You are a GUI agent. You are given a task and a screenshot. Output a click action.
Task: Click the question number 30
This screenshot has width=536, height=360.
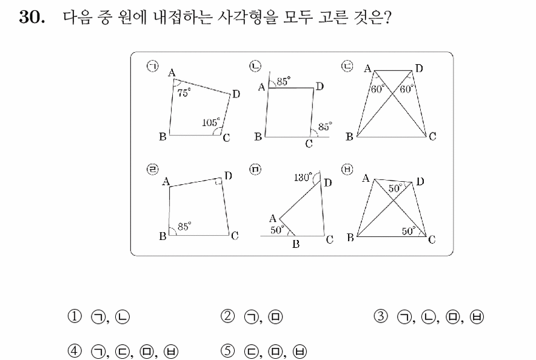tap(32, 17)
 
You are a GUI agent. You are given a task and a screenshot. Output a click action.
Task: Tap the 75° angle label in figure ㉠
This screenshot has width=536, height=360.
tap(184, 93)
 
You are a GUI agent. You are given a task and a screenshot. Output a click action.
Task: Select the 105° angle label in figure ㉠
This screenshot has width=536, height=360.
tap(211, 122)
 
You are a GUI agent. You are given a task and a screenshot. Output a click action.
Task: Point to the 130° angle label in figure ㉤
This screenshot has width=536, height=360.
tap(303, 177)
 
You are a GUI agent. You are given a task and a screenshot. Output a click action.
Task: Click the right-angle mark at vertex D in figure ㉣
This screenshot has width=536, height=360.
tap(218, 181)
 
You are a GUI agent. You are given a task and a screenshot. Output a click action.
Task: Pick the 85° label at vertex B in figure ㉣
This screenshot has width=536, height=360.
tap(184, 227)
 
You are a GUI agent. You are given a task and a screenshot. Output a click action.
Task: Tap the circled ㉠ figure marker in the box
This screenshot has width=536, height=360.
tap(152, 66)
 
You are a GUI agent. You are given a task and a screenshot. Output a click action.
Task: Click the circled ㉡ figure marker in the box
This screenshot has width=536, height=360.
tap(255, 66)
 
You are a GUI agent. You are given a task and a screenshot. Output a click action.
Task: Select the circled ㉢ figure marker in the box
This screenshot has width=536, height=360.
tap(347, 66)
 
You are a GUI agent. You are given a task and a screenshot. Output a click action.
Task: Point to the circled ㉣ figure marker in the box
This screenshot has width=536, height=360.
tap(152, 170)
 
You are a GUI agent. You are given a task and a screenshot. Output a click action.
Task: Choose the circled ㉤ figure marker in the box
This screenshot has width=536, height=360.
tap(255, 170)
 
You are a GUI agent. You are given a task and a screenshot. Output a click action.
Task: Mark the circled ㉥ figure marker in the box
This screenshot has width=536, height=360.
tap(347, 170)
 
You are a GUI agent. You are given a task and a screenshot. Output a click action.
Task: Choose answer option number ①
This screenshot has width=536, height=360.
tap(75, 316)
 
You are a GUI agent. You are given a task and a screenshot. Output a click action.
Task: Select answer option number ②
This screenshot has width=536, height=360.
tap(227, 316)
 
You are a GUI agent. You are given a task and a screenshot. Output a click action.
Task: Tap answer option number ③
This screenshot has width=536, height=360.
tap(381, 316)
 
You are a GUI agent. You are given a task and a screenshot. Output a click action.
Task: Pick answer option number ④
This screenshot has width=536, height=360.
tap(75, 351)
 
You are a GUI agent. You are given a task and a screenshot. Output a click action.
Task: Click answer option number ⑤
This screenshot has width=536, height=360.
tap(227, 351)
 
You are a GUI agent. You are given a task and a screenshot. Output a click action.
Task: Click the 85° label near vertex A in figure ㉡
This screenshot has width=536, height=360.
tap(283, 81)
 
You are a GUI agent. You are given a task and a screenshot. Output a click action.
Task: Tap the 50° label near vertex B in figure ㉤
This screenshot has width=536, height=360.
tap(277, 230)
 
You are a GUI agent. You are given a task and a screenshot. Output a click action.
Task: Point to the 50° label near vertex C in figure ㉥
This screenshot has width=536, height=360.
tap(409, 232)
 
